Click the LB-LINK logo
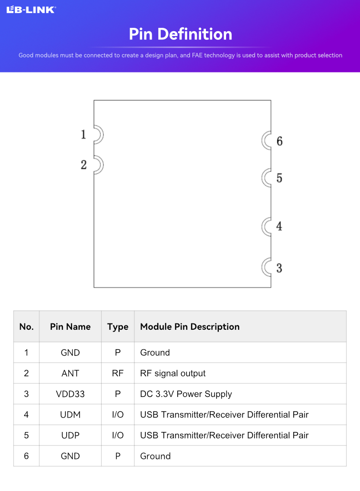tap(31, 10)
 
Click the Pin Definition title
tap(180, 34)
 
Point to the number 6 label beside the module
tap(279, 141)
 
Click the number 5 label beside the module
tap(279, 178)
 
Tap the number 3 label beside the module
tap(279, 268)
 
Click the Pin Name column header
tap(71, 326)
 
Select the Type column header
tap(118, 327)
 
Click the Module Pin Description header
tap(190, 326)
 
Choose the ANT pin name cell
tap(71, 373)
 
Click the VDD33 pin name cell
tap(71, 394)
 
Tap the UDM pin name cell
tap(71, 415)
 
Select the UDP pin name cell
tap(71, 435)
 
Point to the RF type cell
tap(118, 373)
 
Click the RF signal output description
tap(173, 373)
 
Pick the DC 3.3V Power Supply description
tap(186, 394)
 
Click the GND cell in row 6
tap(71, 456)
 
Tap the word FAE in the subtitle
tap(197, 55)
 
